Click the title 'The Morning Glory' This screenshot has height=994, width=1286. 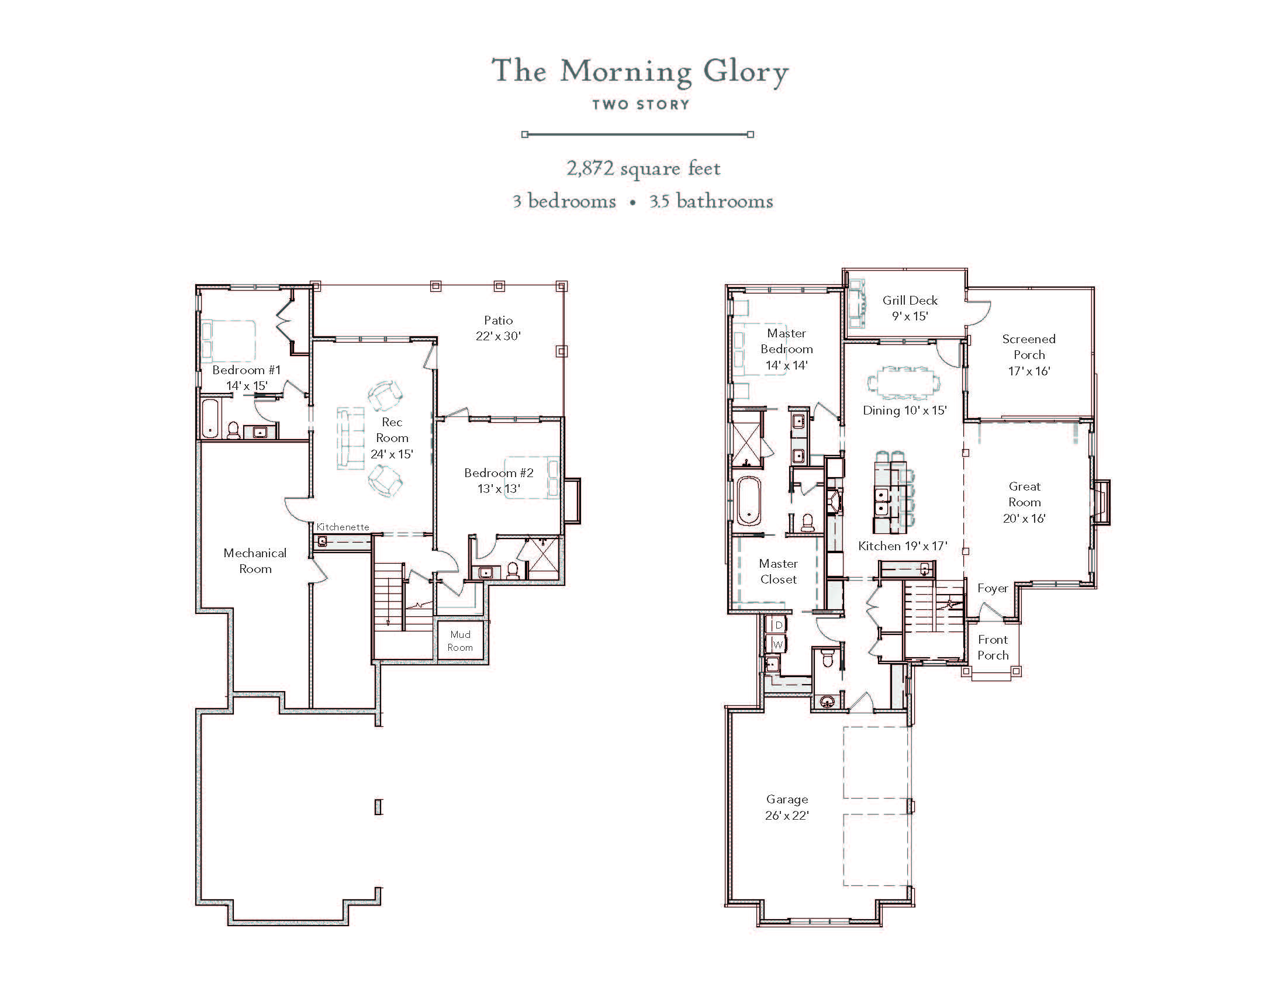pos(640,72)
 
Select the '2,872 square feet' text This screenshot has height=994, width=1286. pos(643,168)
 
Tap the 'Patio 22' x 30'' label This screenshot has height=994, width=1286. pos(498,328)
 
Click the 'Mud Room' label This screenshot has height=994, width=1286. pos(460,641)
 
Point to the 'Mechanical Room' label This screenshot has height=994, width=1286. pos(255,561)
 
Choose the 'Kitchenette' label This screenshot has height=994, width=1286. pos(343,527)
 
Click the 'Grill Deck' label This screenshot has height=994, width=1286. pos(910,301)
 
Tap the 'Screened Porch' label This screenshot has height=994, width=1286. pos(1029,347)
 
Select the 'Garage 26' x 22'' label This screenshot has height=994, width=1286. pos(787,807)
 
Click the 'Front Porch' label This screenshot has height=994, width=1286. pos(993,647)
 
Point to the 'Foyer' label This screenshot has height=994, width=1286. pos(993,588)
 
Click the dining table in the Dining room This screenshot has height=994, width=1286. pos(904,383)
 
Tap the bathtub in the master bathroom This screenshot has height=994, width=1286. pos(748,501)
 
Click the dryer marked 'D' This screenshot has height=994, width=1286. pos(778,625)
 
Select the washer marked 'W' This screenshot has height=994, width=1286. pos(778,644)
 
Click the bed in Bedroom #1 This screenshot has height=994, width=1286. pos(229,340)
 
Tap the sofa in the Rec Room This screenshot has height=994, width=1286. pos(350,438)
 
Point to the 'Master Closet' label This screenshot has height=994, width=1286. pos(778,571)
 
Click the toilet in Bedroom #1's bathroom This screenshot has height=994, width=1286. pos(234,430)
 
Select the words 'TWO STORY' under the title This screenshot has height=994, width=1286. pos(641,105)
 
